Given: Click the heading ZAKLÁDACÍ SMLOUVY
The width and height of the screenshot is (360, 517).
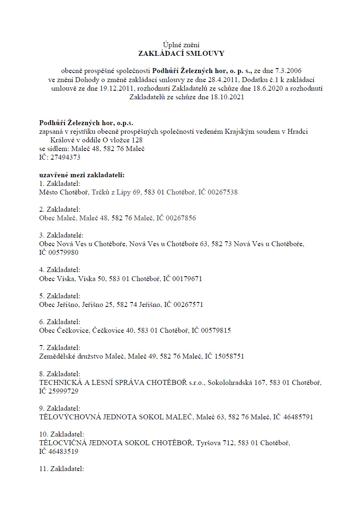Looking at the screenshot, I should [x=181, y=53].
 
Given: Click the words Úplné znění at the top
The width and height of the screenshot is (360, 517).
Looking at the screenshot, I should [x=181, y=44].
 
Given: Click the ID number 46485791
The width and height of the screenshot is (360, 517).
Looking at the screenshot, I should [x=298, y=417].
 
